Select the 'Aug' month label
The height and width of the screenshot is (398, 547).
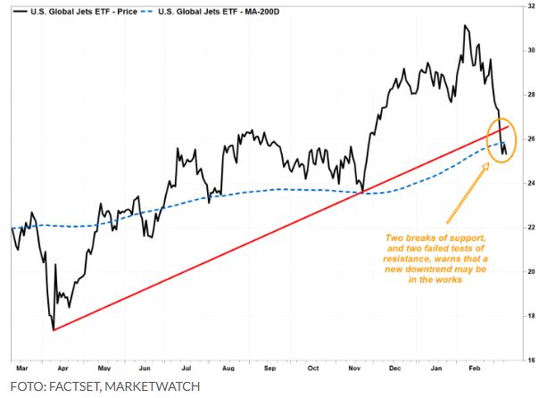pyautogui.click(x=228, y=367)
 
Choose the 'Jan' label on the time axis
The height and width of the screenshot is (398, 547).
pyautogui.click(x=437, y=367)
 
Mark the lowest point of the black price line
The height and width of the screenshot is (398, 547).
pyautogui.click(x=52, y=328)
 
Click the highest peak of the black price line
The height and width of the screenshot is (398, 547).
pyautogui.click(x=465, y=26)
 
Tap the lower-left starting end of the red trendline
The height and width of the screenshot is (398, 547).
pyautogui.click(x=54, y=330)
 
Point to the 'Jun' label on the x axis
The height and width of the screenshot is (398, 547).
pyautogui.click(x=145, y=367)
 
